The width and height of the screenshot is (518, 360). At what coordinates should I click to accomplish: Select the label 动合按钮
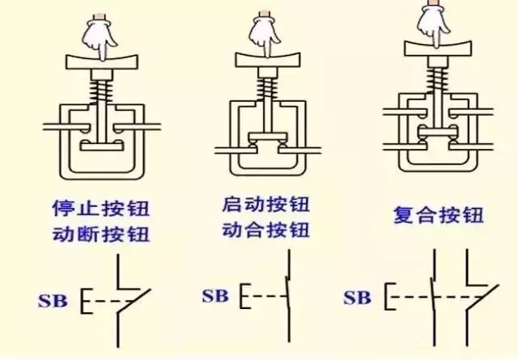point(265,229)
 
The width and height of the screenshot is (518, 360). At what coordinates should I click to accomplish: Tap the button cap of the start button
point(265,58)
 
